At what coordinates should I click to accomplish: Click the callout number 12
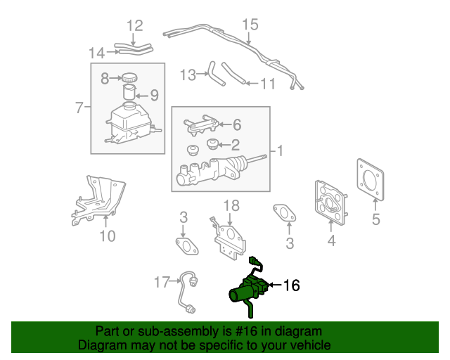pos(134,26)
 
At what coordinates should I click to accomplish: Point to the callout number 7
pos(79,108)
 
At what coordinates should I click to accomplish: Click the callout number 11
pos(267,84)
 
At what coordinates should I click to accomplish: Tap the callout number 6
pos(236,124)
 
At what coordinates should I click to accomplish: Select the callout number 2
pos(236,146)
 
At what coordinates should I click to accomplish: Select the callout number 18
pos(231,205)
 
